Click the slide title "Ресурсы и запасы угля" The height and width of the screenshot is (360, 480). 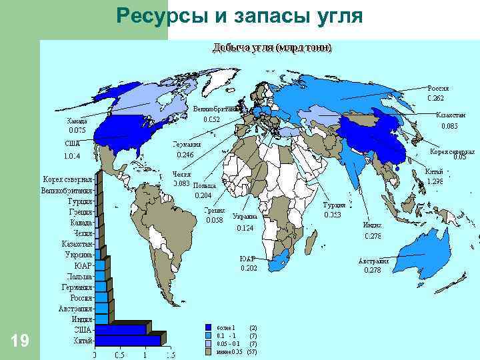[x=239, y=16]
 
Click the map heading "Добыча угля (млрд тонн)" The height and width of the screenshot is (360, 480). [x=272, y=48]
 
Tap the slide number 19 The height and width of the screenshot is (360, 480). [x=20, y=341]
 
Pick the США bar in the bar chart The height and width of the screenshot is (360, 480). [x=120, y=329]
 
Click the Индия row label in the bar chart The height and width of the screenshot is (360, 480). [x=81, y=318]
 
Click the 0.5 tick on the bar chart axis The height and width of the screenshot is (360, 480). [x=120, y=355]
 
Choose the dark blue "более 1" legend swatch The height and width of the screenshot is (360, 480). [x=209, y=328]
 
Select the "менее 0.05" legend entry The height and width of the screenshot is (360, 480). [x=231, y=351]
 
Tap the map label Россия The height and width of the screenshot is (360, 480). [x=437, y=88]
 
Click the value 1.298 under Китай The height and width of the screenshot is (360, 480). [x=435, y=181]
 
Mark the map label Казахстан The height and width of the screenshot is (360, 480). [x=451, y=115]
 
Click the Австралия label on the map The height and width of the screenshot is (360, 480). [x=373, y=261]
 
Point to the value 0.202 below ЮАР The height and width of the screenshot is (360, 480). [x=249, y=268]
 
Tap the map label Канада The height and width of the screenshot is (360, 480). [x=77, y=121]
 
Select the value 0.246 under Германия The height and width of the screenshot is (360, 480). [x=185, y=155]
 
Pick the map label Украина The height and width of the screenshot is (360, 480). [x=245, y=217]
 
